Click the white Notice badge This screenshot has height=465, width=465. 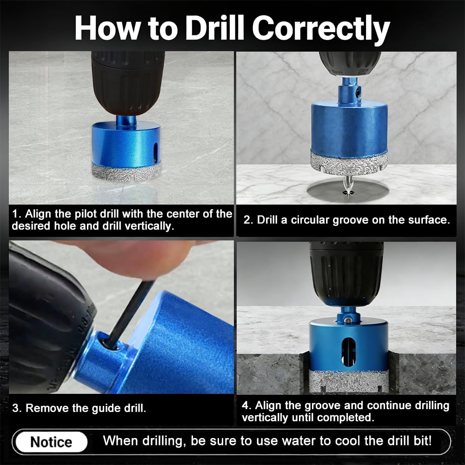[x=51, y=442]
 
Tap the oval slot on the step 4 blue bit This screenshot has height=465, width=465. [x=348, y=352]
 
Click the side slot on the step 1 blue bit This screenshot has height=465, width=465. [x=154, y=152]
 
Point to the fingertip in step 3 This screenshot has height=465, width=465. [x=142, y=260]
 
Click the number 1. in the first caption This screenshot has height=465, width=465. [x=17, y=214]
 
